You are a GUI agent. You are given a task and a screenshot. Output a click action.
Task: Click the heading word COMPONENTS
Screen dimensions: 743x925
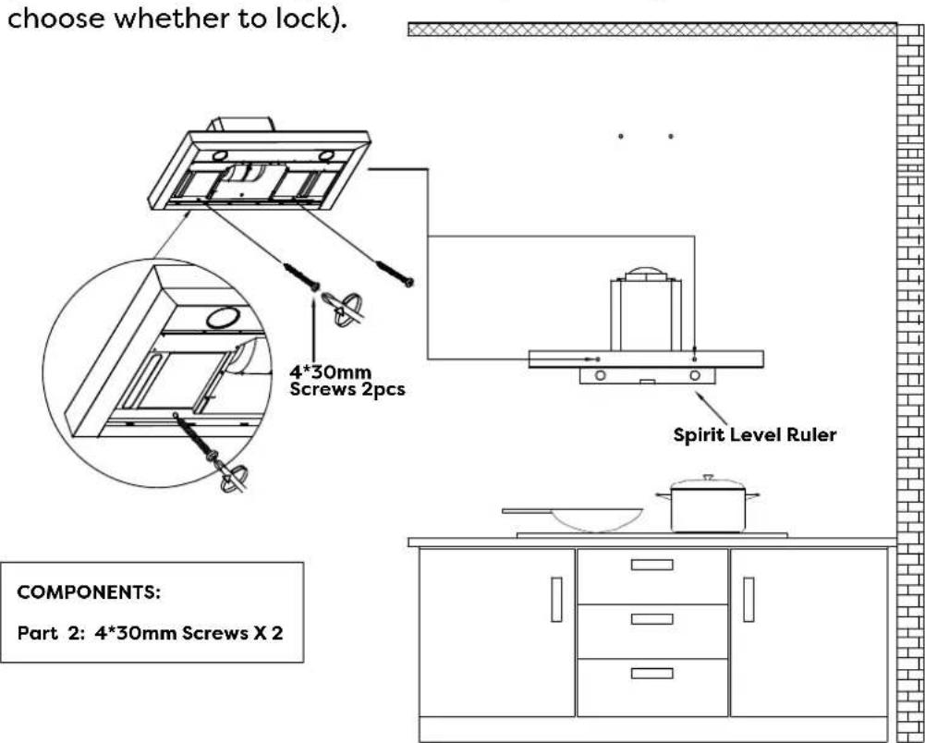tap(90, 592)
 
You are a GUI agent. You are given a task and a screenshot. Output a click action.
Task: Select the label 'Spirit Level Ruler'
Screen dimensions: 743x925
tap(754, 433)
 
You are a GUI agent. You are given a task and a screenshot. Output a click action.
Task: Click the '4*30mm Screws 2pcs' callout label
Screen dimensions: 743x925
tap(347, 381)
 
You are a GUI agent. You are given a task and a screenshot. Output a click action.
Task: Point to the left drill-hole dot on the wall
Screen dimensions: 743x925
tap(622, 137)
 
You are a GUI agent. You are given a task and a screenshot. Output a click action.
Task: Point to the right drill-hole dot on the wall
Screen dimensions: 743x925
tap(671, 137)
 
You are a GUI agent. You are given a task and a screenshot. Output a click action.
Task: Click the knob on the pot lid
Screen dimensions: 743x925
tap(707, 478)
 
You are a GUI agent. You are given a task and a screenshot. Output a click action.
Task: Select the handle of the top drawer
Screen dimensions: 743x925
tap(651, 565)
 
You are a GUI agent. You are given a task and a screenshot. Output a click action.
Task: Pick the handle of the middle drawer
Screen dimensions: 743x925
tap(651, 619)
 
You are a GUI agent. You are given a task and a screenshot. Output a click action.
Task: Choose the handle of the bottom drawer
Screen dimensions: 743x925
tap(651, 674)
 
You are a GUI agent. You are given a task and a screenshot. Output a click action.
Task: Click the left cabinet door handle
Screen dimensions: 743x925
tap(556, 599)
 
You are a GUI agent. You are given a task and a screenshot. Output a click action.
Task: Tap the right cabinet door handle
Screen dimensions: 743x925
tap(748, 599)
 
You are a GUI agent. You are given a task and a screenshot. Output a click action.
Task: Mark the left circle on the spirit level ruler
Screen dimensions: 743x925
tap(600, 376)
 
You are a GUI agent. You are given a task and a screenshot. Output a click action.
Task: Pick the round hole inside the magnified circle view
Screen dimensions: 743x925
tap(219, 318)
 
